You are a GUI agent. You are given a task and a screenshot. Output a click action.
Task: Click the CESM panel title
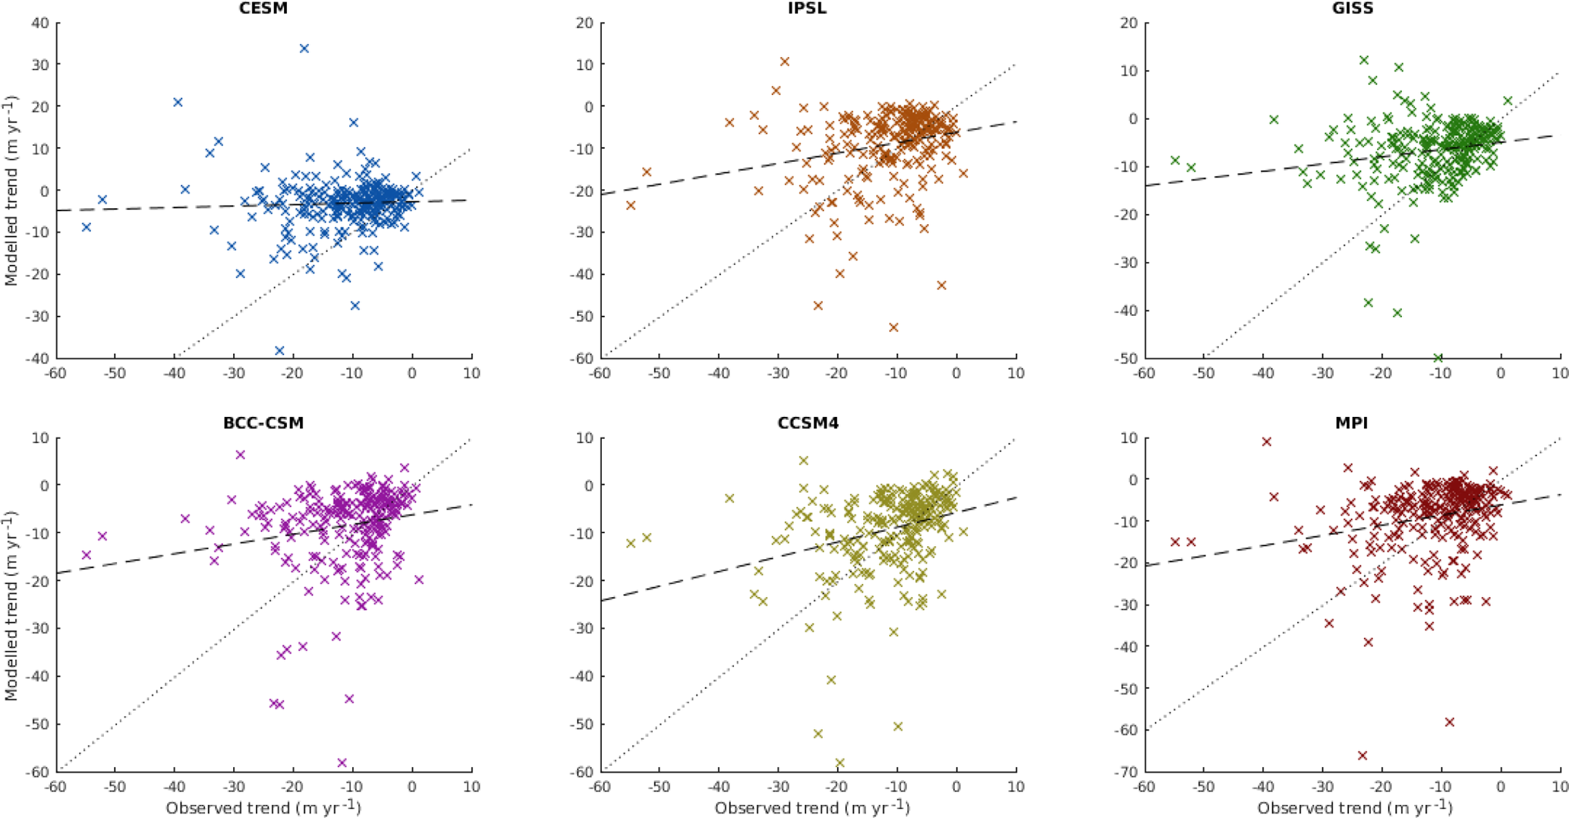pos(263,9)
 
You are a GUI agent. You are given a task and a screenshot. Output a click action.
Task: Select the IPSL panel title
pos(808,9)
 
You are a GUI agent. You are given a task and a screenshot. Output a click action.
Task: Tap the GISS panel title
pos(1352,9)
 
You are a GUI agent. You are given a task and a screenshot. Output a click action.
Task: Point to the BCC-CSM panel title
pos(263,423)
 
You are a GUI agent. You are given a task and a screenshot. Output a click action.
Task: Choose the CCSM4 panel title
pos(808,423)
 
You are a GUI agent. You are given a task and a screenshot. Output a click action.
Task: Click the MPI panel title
pos(1351,423)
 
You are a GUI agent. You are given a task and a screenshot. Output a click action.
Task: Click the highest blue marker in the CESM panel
pos(304,49)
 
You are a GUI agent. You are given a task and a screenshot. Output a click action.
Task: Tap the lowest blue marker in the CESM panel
pos(279,351)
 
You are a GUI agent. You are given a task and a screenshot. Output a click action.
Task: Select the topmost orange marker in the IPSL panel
pos(785,62)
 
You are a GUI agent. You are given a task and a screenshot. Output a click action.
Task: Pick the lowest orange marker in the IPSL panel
pos(893,327)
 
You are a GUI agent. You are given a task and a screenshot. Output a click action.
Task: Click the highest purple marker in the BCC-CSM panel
pos(241,455)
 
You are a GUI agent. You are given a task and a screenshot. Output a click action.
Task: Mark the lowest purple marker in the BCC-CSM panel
pos(342,763)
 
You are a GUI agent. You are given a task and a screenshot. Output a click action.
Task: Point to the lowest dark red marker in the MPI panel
pos(1363,756)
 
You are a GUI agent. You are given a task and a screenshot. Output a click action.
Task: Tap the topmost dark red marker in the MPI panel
pos(1266,441)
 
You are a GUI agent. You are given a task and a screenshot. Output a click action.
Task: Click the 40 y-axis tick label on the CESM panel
pos(40,23)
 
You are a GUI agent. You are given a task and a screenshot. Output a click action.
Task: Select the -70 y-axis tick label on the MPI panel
pos(1126,772)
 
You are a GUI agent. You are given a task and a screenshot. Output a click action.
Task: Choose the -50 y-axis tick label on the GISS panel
pos(1126,358)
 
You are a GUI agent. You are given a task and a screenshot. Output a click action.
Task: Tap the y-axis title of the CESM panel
pos(11,190)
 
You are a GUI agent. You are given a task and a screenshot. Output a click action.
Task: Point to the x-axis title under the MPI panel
pos(1355,807)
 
